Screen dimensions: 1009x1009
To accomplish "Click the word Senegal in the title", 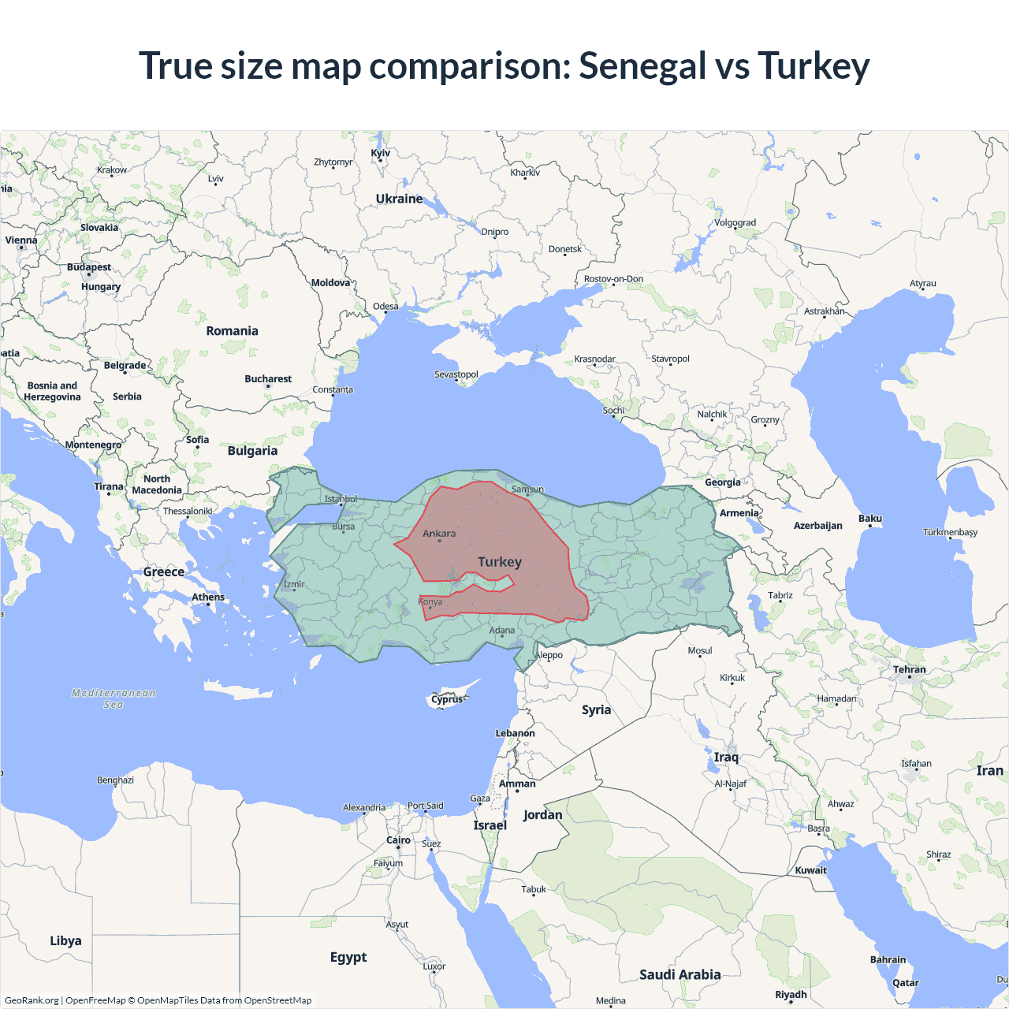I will coord(642,66).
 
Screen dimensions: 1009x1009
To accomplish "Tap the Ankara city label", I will coord(439,534).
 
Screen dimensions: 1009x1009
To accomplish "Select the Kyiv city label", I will coord(380,153).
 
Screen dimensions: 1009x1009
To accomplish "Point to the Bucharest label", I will coord(268,379).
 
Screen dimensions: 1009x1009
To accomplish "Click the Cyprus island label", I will coord(447,699).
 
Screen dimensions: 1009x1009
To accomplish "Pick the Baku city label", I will coord(870,519).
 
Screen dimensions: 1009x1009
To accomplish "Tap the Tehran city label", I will coord(910,670).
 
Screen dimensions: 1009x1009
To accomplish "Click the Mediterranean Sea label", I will coord(114,698).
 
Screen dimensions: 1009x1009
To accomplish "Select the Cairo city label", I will coord(398,840).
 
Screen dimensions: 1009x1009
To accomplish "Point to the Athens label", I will coord(208,598).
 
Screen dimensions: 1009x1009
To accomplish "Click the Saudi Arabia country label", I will coord(679,975).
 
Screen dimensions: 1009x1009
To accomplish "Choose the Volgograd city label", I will coord(735,223).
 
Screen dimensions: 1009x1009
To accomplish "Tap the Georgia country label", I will coord(722,482).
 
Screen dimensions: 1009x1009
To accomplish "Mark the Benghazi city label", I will coord(115,780).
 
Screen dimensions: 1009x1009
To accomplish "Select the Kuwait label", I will coord(810,871).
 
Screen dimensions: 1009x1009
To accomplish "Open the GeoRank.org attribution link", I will coord(32,1000).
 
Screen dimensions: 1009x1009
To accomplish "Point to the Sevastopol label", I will coord(456,374).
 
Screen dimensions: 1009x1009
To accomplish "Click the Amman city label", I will coord(517,784).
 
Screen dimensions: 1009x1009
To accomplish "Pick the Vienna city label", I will coord(21,240).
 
